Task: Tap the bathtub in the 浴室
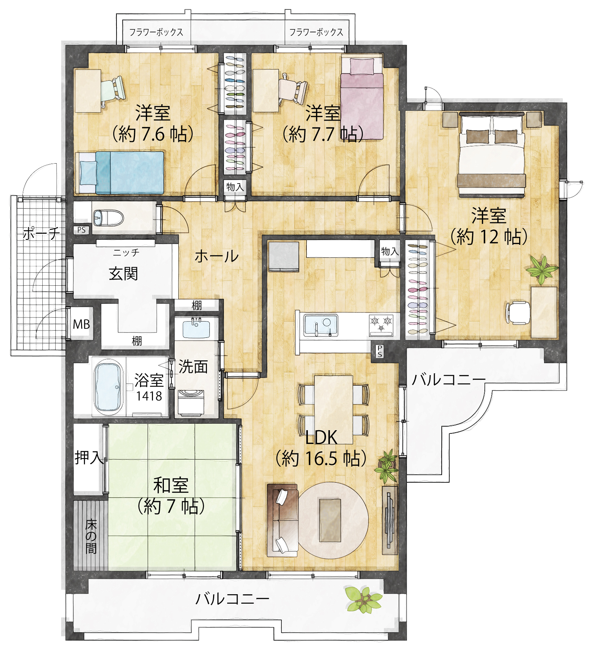[108, 387]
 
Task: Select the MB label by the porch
[81, 324]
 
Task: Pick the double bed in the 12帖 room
[492, 155]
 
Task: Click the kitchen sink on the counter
[321, 325]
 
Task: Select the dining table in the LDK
[333, 410]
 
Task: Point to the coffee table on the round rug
[330, 520]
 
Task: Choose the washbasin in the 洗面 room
[196, 328]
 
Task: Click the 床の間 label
[91, 537]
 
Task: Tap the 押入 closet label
[89, 457]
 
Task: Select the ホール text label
[217, 256]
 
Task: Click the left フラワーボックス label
[156, 32]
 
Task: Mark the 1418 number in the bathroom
[149, 396]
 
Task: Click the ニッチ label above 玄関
[126, 252]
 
